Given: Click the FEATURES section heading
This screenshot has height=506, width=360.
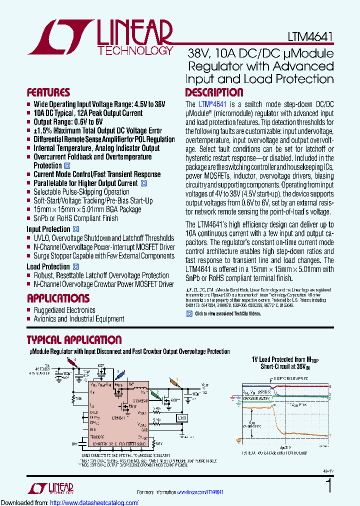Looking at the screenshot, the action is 48,92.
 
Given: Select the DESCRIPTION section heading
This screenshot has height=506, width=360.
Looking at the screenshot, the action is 214,92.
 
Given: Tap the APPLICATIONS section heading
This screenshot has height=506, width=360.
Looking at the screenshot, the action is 58,298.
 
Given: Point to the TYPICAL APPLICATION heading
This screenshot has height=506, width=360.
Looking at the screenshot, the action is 74,340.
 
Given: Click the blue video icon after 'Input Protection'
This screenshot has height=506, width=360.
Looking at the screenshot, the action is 76,229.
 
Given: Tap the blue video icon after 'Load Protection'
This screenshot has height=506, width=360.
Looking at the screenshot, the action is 76,267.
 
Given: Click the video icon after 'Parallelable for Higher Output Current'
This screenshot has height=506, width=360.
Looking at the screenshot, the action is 144,183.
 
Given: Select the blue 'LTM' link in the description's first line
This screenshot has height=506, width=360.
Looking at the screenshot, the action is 205,104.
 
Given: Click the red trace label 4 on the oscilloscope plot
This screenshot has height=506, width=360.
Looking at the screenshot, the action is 330,386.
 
